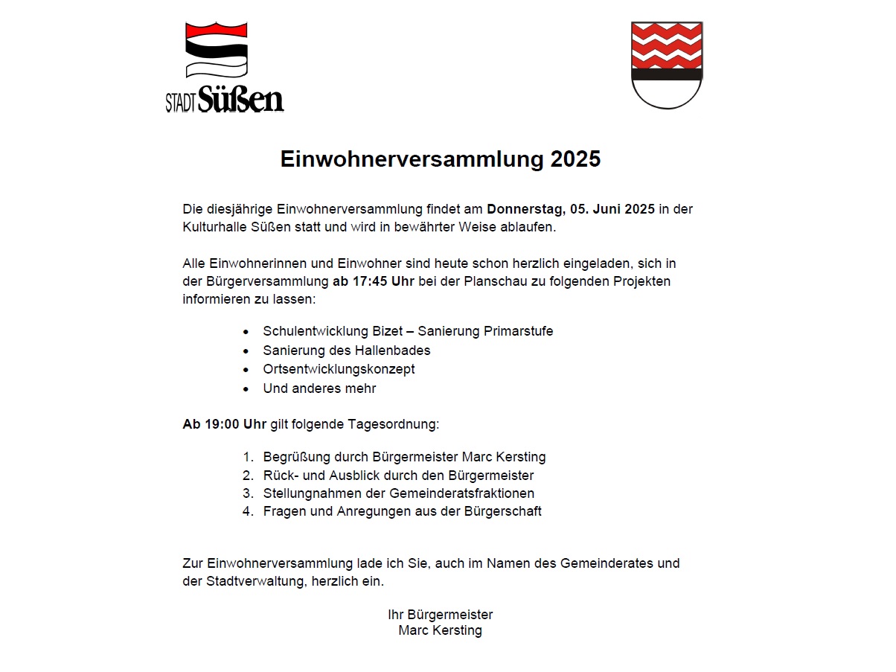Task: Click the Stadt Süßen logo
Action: coord(224,67)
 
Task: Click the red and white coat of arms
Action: coord(666,65)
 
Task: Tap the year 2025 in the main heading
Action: coord(575,160)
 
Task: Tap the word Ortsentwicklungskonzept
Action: coord(339,369)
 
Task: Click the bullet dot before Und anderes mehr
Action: coord(246,389)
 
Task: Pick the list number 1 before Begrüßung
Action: coord(248,457)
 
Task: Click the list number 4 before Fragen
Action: coord(248,511)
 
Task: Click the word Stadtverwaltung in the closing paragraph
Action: coord(254,581)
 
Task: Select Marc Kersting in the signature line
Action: coord(440,631)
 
